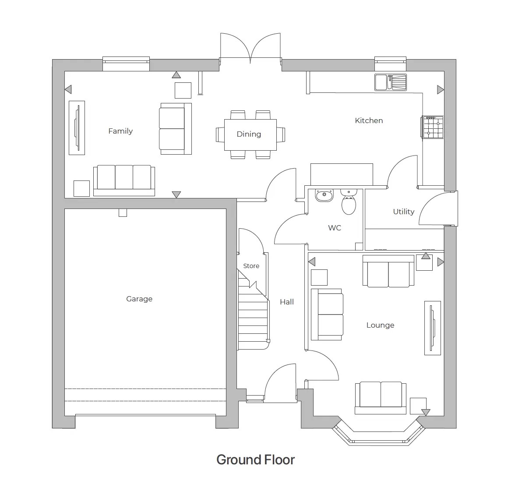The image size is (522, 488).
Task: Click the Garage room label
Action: (x=139, y=299)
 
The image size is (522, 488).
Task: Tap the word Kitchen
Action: (x=369, y=120)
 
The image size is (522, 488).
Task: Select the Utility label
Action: (x=403, y=212)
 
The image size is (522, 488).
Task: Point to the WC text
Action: (x=335, y=228)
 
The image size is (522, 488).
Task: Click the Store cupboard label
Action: (x=251, y=266)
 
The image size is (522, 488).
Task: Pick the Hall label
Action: (x=287, y=302)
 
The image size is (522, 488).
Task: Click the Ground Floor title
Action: (x=255, y=460)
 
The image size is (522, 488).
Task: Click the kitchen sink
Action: (x=390, y=82)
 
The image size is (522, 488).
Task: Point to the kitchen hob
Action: (x=433, y=127)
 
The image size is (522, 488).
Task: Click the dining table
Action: (x=250, y=134)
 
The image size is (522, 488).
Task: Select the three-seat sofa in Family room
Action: (x=124, y=180)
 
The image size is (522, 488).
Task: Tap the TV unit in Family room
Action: (x=77, y=127)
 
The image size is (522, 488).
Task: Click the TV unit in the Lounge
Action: (x=432, y=328)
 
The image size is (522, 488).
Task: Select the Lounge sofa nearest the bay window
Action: (x=380, y=396)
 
